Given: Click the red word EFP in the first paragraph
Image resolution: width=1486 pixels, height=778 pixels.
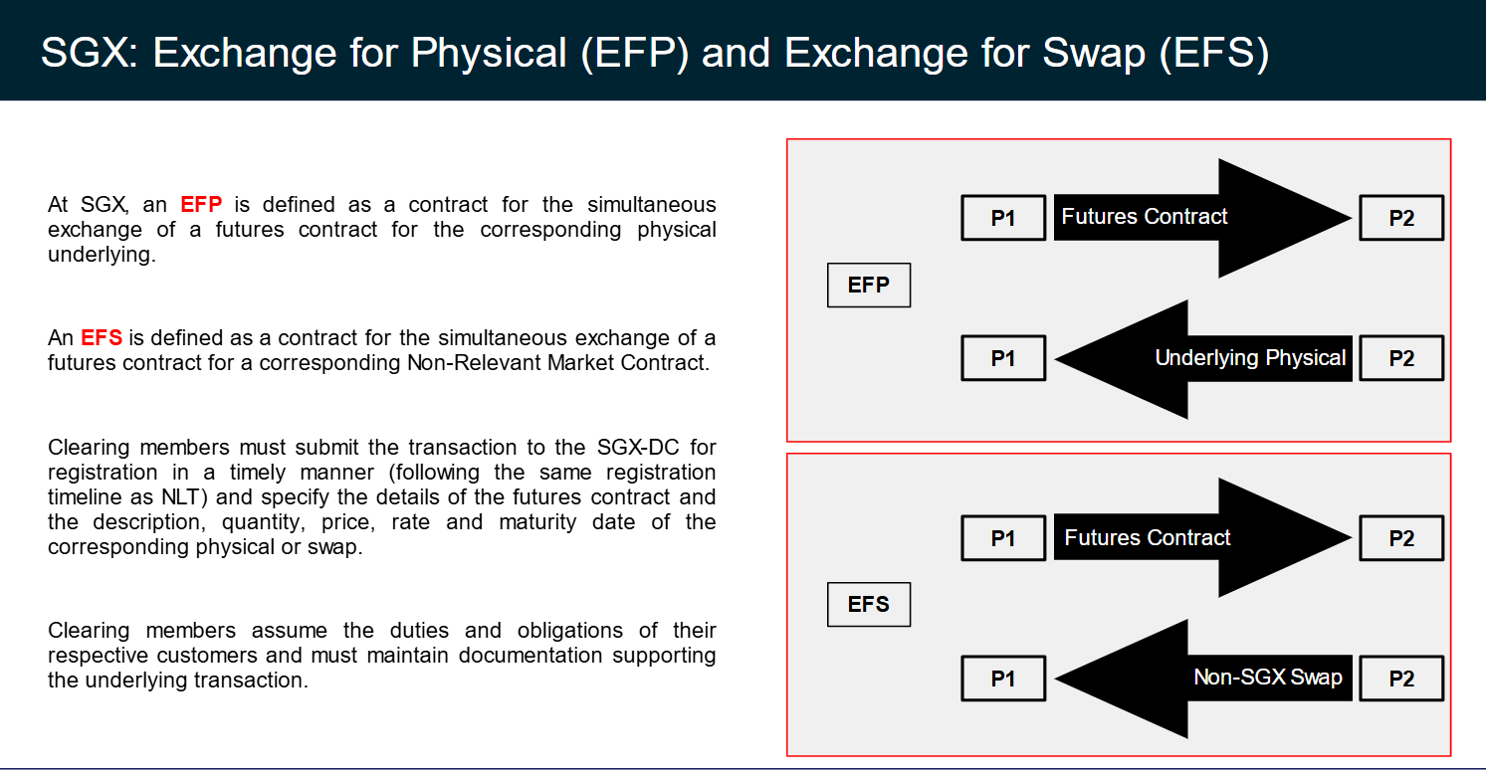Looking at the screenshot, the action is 201,204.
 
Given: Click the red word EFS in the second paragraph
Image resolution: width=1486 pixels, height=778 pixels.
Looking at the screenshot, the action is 102,337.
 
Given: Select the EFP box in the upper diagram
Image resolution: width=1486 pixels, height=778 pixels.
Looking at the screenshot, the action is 868,286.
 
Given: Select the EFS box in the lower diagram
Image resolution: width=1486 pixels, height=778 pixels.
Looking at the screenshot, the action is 868,604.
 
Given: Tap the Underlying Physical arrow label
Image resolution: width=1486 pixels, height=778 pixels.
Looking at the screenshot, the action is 1250,357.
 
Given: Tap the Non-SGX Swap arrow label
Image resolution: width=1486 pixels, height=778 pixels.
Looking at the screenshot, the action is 1268,677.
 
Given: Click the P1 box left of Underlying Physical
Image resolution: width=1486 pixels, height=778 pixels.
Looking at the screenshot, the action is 1003,358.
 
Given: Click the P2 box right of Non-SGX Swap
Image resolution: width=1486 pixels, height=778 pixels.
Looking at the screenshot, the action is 1401,679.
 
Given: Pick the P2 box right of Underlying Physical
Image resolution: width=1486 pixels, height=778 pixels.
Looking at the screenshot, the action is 1401,358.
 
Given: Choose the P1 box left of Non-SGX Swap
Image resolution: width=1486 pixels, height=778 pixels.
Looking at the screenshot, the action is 1003,679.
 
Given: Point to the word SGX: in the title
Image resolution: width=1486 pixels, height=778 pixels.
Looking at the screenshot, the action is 90,53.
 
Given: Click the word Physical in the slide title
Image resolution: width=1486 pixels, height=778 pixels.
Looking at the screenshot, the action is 489,53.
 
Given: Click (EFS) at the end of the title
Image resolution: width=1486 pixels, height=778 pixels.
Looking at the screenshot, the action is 1214,53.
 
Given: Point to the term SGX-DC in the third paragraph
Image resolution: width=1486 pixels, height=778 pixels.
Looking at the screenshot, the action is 638,447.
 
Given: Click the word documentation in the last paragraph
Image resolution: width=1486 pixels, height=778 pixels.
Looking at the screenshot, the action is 529,656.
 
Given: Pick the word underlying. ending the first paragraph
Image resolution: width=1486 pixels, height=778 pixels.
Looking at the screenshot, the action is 102,255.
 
